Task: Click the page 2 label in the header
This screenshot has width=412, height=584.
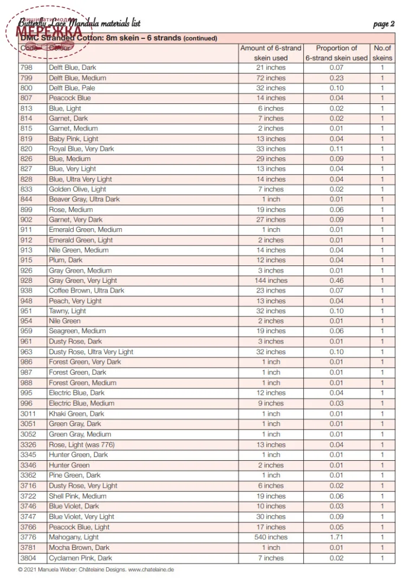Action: (x=383, y=24)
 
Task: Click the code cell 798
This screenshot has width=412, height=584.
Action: (x=26, y=68)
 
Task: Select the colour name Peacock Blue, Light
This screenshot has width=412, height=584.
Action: (x=79, y=527)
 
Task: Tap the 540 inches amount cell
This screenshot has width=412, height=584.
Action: (x=271, y=537)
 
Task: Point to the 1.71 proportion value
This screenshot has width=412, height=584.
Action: (x=336, y=537)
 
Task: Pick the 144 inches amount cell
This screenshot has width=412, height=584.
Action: (x=271, y=281)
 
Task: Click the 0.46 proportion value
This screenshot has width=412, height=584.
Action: (x=336, y=281)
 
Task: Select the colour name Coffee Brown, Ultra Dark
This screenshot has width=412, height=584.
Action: (x=86, y=291)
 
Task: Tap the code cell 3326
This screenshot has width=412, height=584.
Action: (x=28, y=445)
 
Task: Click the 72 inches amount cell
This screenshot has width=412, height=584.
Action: (x=271, y=78)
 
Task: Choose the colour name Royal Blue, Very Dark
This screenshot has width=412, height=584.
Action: (x=81, y=149)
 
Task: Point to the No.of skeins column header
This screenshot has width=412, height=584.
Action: (x=382, y=53)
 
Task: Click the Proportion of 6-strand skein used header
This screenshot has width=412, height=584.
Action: (x=336, y=53)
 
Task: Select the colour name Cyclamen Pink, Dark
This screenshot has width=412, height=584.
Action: (x=80, y=558)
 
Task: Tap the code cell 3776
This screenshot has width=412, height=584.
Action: (x=28, y=537)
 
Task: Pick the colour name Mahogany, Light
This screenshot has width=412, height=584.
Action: (x=74, y=537)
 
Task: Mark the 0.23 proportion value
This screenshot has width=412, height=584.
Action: (x=336, y=78)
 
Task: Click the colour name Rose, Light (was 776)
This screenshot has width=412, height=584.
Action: (x=81, y=445)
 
